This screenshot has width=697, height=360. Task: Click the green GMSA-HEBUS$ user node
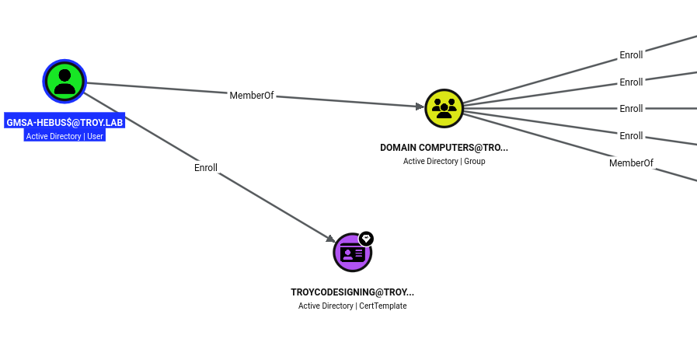[x=64, y=82]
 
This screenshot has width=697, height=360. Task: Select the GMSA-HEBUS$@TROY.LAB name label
[x=65, y=122]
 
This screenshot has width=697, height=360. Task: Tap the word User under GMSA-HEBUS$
[x=95, y=136]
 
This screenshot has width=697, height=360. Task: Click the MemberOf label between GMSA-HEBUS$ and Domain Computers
[x=252, y=95]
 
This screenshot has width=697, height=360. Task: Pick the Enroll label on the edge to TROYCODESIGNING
[x=206, y=168]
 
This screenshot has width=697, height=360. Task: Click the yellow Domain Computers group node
[x=444, y=109]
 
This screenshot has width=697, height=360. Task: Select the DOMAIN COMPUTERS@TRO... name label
[x=444, y=148]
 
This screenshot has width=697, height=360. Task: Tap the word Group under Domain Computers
[x=475, y=161]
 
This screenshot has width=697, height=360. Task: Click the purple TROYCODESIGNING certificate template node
[x=353, y=253]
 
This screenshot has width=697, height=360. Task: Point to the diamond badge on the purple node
[x=366, y=239]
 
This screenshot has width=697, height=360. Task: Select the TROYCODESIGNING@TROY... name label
[x=353, y=292]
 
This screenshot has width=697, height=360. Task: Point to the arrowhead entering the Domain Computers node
[x=420, y=107]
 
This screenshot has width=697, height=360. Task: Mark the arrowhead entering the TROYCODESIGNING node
[x=331, y=239]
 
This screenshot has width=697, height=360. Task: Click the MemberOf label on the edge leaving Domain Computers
[x=631, y=163]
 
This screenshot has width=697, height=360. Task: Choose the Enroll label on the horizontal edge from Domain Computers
[x=631, y=109]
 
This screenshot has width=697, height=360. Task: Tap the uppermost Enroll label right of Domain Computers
[x=631, y=55]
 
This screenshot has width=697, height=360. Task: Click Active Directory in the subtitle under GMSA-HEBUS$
[x=54, y=136]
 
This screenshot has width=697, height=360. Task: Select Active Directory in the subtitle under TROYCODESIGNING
[x=326, y=306]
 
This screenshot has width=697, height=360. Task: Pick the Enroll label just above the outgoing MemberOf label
[x=631, y=136]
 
